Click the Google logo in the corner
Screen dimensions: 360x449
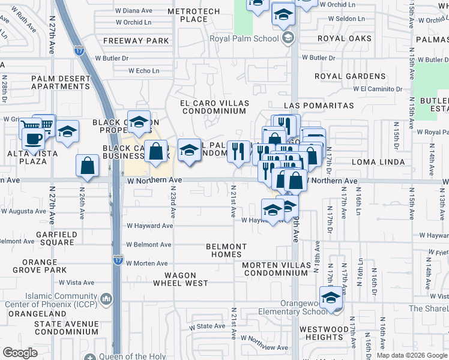coord(20,353)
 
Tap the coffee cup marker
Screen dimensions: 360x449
coord(33,138)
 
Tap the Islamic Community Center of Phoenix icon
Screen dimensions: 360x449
coord(106,298)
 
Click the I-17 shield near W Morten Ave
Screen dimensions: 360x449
coord(118,260)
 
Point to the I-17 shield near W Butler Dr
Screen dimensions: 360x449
coord(79,51)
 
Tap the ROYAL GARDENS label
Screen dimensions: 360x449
coord(351,77)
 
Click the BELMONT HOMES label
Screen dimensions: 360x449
coord(226,250)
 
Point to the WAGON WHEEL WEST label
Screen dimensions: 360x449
coord(180,283)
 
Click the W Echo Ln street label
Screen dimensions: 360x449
coord(143,70)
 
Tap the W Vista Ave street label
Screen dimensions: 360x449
coord(77,283)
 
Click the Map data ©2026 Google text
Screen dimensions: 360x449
coord(411,355)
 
